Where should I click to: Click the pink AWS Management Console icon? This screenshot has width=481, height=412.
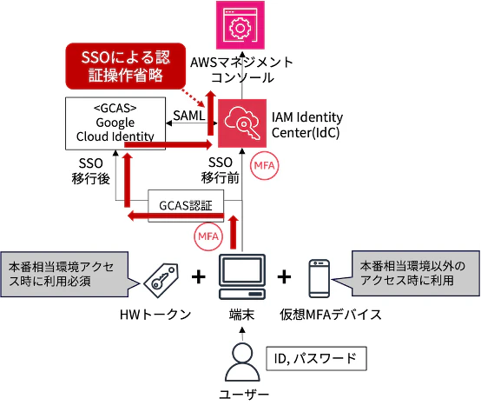coord(240,25)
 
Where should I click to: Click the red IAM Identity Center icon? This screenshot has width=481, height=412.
coord(242,123)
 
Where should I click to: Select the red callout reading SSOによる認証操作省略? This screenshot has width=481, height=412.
coord(126,66)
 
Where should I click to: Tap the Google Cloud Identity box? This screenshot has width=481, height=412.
coord(115,123)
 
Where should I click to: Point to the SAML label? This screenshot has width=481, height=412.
coord(189,116)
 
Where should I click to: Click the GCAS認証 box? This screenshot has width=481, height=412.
coord(186,206)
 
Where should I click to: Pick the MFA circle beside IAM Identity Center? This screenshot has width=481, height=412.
coord(265,165)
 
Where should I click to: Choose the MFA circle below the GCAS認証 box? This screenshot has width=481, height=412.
coord(208,236)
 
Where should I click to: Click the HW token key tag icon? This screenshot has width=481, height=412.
coord(161,280)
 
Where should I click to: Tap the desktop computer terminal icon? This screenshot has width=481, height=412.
coord(242,276)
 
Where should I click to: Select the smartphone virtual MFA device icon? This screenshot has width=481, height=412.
coord(319,278)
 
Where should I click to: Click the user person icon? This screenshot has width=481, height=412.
coord(242,362)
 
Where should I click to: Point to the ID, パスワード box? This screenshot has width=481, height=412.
coord(316,359)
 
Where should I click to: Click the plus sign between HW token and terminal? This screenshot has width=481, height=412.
coord(199,277)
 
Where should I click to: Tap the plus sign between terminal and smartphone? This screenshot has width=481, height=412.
coord(285,277)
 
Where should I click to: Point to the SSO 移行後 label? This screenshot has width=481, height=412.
coord(91,170)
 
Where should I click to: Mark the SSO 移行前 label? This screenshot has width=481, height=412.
coord(221,170)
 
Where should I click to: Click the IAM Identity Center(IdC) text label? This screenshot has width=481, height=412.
coord(307,124)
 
